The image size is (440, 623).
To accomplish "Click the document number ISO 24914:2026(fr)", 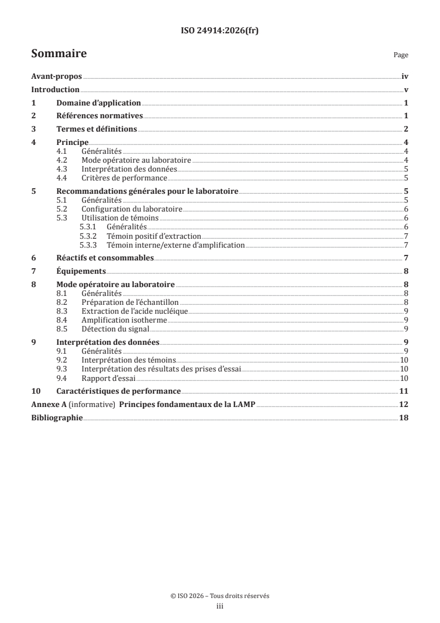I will pos(220,31).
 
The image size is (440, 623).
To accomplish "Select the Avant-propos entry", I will pos(57,77).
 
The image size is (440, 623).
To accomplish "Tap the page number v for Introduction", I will pos(406,90).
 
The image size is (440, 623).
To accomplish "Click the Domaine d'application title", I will pos(99,103).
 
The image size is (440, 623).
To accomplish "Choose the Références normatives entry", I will pos(100,116).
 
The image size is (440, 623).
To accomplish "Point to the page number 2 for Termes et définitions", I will pos(406,129).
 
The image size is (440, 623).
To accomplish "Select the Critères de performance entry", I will pos(124,178).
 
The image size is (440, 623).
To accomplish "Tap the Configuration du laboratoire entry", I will pos(132,209).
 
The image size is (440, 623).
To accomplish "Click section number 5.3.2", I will pos(89,236).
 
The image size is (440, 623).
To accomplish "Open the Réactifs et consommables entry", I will pos(105,258).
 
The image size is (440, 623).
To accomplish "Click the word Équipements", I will pos(81,272).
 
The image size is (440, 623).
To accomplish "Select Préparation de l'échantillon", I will pos(127,302).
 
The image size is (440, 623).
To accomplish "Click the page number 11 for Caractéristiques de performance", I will pos(404,391).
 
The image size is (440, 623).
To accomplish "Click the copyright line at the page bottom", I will pos(220,596).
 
